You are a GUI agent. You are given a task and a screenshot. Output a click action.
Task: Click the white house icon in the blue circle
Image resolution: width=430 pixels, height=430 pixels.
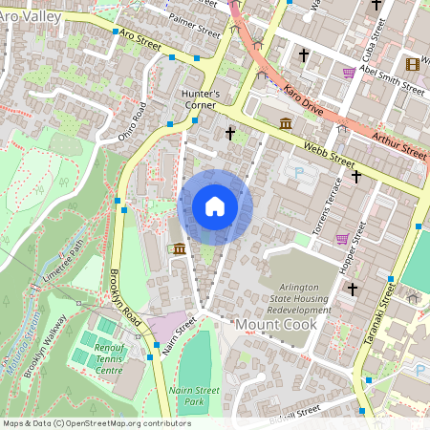point(215,207)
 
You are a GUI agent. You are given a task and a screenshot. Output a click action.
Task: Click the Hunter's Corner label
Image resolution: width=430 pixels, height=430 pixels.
point(201,100)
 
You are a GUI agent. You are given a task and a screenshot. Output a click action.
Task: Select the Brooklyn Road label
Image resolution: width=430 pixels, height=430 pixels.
point(118,297)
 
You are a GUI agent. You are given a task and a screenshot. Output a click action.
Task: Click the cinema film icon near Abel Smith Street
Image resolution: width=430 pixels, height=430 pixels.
point(413,64)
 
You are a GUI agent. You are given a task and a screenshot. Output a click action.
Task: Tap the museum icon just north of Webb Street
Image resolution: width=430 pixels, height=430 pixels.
point(286,122)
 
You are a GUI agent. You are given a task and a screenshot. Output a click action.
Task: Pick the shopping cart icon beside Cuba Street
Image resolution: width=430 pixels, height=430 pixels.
point(350,72)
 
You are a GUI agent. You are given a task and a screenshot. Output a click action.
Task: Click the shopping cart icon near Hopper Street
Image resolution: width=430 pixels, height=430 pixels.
point(342,238)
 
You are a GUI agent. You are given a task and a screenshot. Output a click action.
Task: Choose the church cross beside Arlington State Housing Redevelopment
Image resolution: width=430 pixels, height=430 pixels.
point(352,289)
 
